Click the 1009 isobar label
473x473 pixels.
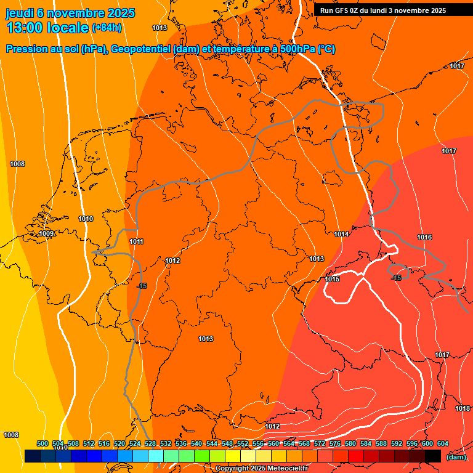click(46, 233)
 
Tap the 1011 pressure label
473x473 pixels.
click(137, 241)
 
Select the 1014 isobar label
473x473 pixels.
click(342, 234)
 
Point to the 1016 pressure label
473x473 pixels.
click(424, 237)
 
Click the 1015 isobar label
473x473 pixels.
click(333, 279)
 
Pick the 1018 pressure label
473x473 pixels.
click(463, 408)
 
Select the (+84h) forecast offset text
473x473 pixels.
click(107, 28)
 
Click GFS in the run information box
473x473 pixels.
click(342, 10)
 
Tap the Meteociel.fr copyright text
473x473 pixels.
click(283, 469)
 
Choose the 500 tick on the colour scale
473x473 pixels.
click(42, 443)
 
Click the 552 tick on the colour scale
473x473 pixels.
click(243, 443)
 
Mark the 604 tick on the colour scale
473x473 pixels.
click(442, 443)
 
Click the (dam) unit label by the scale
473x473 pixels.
click(456, 457)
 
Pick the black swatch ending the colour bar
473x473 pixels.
click(433, 456)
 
